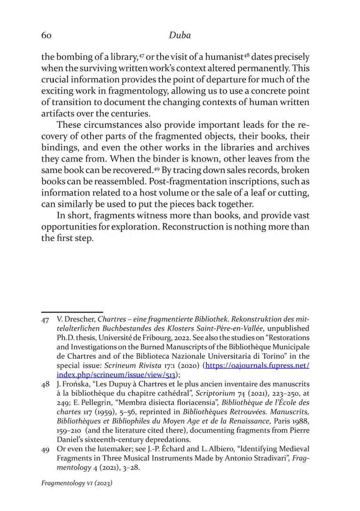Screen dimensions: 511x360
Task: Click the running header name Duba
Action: (180, 35)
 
